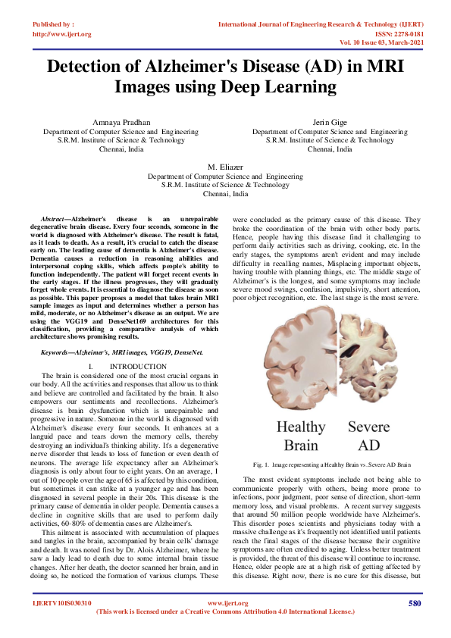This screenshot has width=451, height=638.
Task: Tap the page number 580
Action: coord(414,603)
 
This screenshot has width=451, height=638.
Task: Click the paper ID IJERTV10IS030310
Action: coord(61,603)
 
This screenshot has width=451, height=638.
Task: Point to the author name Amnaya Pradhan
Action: coord(121,122)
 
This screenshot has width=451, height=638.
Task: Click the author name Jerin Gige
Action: coord(329,122)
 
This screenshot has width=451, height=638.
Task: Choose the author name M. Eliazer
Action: coord(225,165)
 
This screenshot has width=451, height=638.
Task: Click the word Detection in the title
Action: coord(92,67)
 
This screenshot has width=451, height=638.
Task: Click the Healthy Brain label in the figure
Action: coord(300,435)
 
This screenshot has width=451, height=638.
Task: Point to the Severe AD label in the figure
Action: coord(368,435)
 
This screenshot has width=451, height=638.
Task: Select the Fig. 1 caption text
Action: coord(331,464)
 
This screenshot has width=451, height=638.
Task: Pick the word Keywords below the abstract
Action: coord(59,352)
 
